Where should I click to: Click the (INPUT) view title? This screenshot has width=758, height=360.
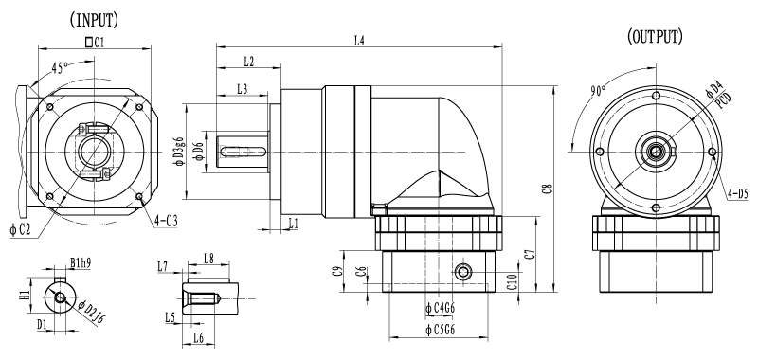click(94, 20)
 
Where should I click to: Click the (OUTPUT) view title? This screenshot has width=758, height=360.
click(655, 36)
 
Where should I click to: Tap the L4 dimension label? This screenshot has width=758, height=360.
click(359, 41)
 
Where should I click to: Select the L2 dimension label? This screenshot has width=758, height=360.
click(249, 61)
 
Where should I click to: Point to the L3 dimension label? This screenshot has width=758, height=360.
click(243, 89)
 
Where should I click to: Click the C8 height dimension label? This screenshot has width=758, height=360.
click(548, 189)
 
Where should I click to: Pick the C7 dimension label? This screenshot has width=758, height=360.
click(531, 254)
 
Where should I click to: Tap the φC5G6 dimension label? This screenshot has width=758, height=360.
click(441, 330)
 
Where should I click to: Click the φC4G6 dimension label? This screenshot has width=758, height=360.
click(441, 308)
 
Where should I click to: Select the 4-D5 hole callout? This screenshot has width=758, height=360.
click(738, 194)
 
